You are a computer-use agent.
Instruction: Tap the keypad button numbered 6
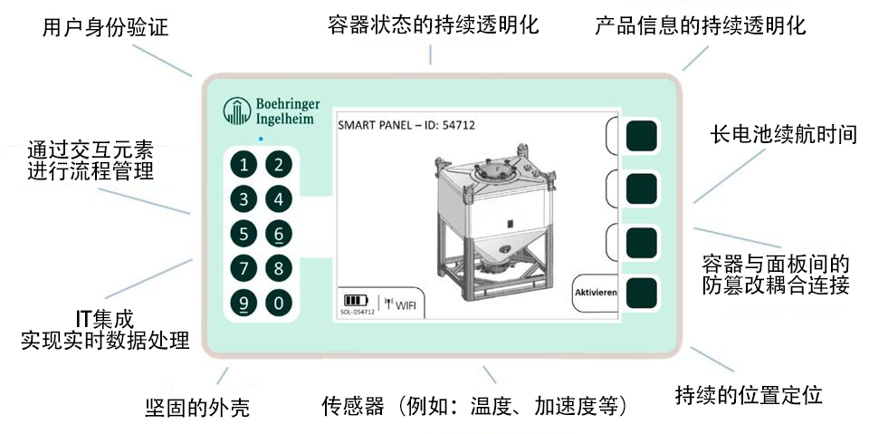click(279, 234)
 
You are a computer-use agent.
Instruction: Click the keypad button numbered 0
click(279, 303)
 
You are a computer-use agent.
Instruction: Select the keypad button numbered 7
click(244, 268)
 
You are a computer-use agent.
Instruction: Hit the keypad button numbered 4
click(279, 198)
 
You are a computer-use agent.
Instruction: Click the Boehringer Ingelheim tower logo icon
click(236, 111)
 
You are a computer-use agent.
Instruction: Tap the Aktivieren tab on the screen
click(596, 293)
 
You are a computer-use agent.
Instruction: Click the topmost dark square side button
click(641, 136)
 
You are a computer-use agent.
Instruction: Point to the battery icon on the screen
click(355, 301)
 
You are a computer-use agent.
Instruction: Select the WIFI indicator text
click(406, 304)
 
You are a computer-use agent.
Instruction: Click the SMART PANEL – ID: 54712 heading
click(406, 125)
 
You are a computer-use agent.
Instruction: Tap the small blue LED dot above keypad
click(261, 139)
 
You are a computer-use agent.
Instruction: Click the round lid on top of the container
click(494, 170)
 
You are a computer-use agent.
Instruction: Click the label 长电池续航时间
click(784, 135)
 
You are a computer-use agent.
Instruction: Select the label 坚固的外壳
click(196, 408)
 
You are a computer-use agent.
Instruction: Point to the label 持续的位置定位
click(749, 395)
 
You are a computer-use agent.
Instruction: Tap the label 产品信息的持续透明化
click(701, 26)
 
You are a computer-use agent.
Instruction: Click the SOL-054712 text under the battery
click(358, 313)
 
